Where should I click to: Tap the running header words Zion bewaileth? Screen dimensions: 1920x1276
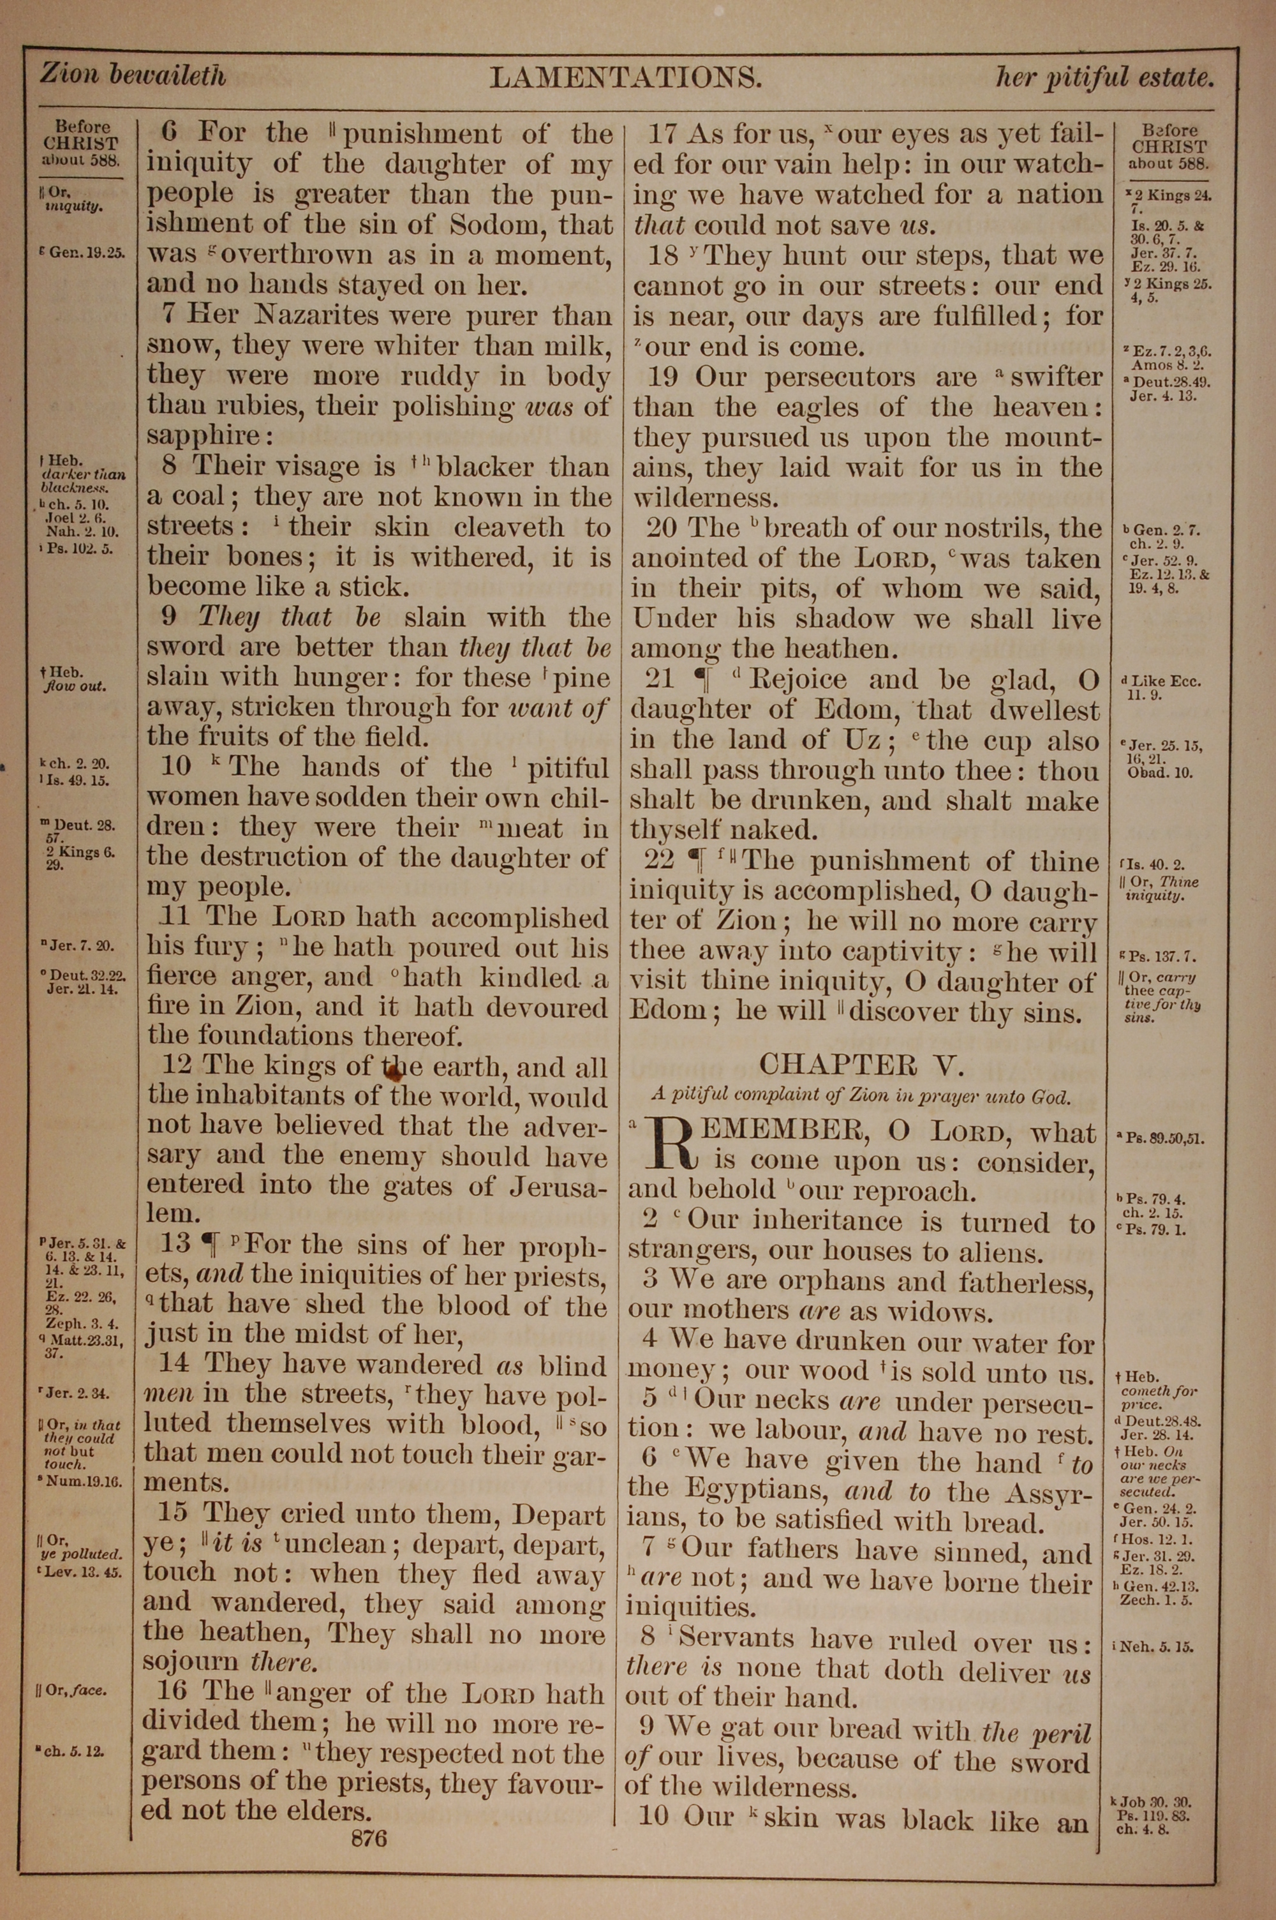133,76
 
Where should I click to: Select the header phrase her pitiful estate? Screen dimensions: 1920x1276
1104,78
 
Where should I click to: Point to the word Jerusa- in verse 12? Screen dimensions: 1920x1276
558,1185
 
